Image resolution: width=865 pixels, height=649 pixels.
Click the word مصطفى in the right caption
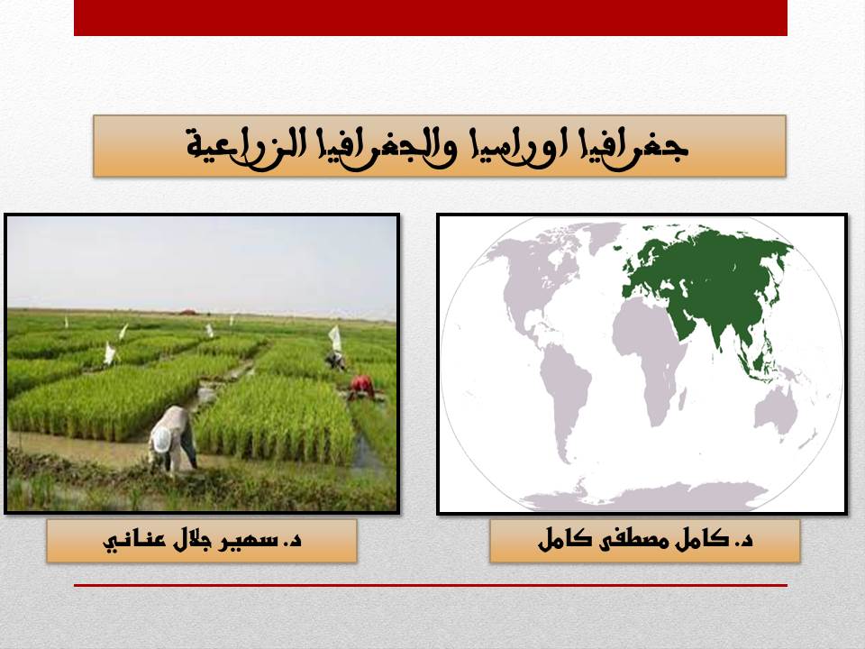coord(629,540)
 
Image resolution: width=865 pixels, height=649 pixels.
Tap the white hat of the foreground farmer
coord(161,439)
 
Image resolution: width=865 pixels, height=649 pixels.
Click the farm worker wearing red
coord(361,387)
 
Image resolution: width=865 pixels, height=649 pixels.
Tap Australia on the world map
coord(776,411)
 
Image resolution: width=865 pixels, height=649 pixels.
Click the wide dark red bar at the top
coord(431,18)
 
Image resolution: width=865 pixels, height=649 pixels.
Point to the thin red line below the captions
coord(431,585)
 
